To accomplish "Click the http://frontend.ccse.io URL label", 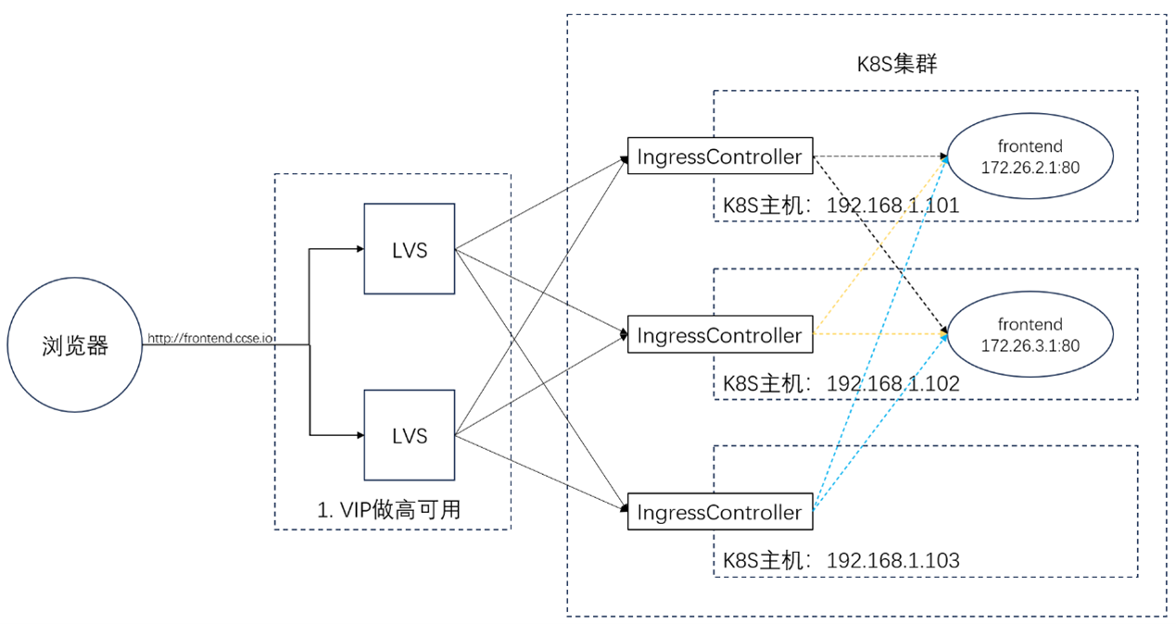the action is pos(210,338).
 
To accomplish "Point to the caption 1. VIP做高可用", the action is pos(389,509).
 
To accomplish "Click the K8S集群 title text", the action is pos(897,64).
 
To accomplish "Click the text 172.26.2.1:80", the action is pos(1031,168).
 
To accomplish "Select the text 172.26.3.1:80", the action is pos(1031,345).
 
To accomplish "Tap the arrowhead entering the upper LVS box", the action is pos(360,248).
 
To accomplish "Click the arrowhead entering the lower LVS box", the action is pos(360,435).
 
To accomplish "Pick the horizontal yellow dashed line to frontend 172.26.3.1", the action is pos(879,333).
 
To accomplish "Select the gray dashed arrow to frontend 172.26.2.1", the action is pos(879,156).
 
